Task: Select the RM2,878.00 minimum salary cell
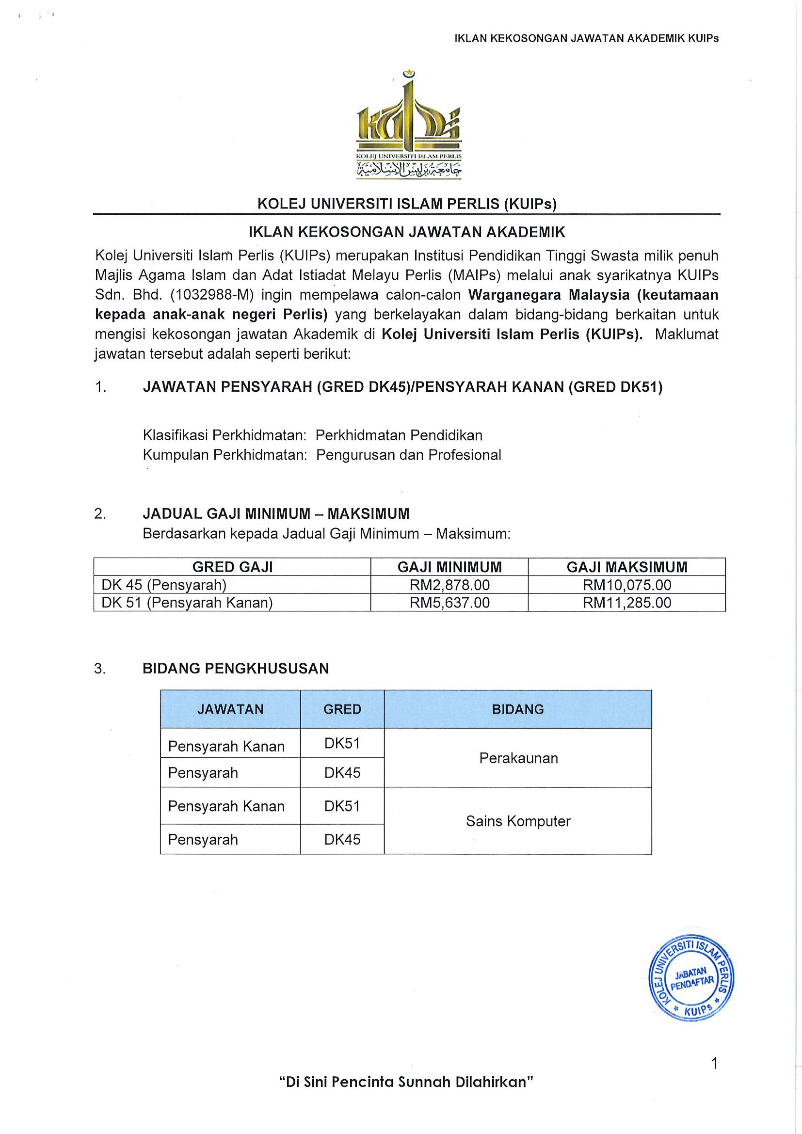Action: [x=449, y=585]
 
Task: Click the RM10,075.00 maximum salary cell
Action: [x=626, y=585]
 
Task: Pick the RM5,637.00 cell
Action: [x=449, y=603]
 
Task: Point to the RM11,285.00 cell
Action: [x=626, y=603]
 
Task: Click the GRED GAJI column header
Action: [x=232, y=567]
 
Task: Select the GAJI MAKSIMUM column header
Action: [x=626, y=567]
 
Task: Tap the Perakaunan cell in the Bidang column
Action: [x=518, y=758]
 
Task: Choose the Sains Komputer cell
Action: [x=518, y=821]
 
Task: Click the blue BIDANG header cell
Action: [x=517, y=709]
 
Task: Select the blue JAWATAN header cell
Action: [x=230, y=709]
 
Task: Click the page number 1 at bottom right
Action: [x=714, y=1063]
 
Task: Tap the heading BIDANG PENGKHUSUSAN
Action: [x=236, y=669]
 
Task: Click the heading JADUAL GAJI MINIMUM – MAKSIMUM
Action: [x=276, y=514]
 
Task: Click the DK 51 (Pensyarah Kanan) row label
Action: [x=187, y=603]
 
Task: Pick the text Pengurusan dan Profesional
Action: [x=408, y=455]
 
